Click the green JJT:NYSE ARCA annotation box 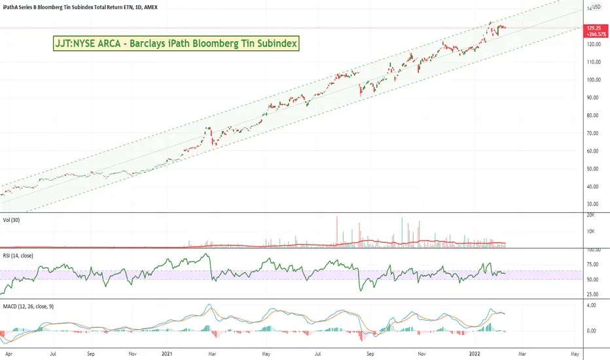click(175, 44)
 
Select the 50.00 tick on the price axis click(595, 169)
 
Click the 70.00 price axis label click(595, 134)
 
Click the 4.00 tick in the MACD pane click(593, 305)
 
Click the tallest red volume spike click(337, 231)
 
